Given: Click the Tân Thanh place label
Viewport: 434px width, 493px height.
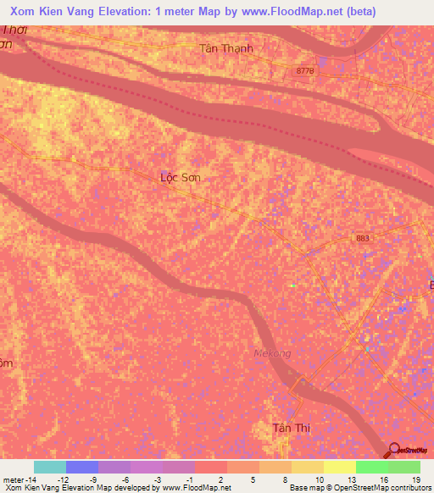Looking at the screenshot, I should point(226,48).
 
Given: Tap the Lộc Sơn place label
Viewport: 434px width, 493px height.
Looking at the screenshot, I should point(181,178).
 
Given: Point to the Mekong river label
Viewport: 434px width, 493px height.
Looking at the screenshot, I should point(273,353).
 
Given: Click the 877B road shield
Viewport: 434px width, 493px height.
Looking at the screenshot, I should point(305,72).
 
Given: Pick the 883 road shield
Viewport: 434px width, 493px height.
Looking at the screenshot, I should point(363,239).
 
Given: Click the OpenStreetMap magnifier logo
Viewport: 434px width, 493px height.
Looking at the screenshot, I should point(392,451).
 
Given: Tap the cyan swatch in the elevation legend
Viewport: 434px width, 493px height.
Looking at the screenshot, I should point(50,467).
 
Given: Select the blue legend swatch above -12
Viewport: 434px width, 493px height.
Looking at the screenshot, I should point(82,467).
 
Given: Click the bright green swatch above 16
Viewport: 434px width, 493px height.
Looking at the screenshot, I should point(371,467).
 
